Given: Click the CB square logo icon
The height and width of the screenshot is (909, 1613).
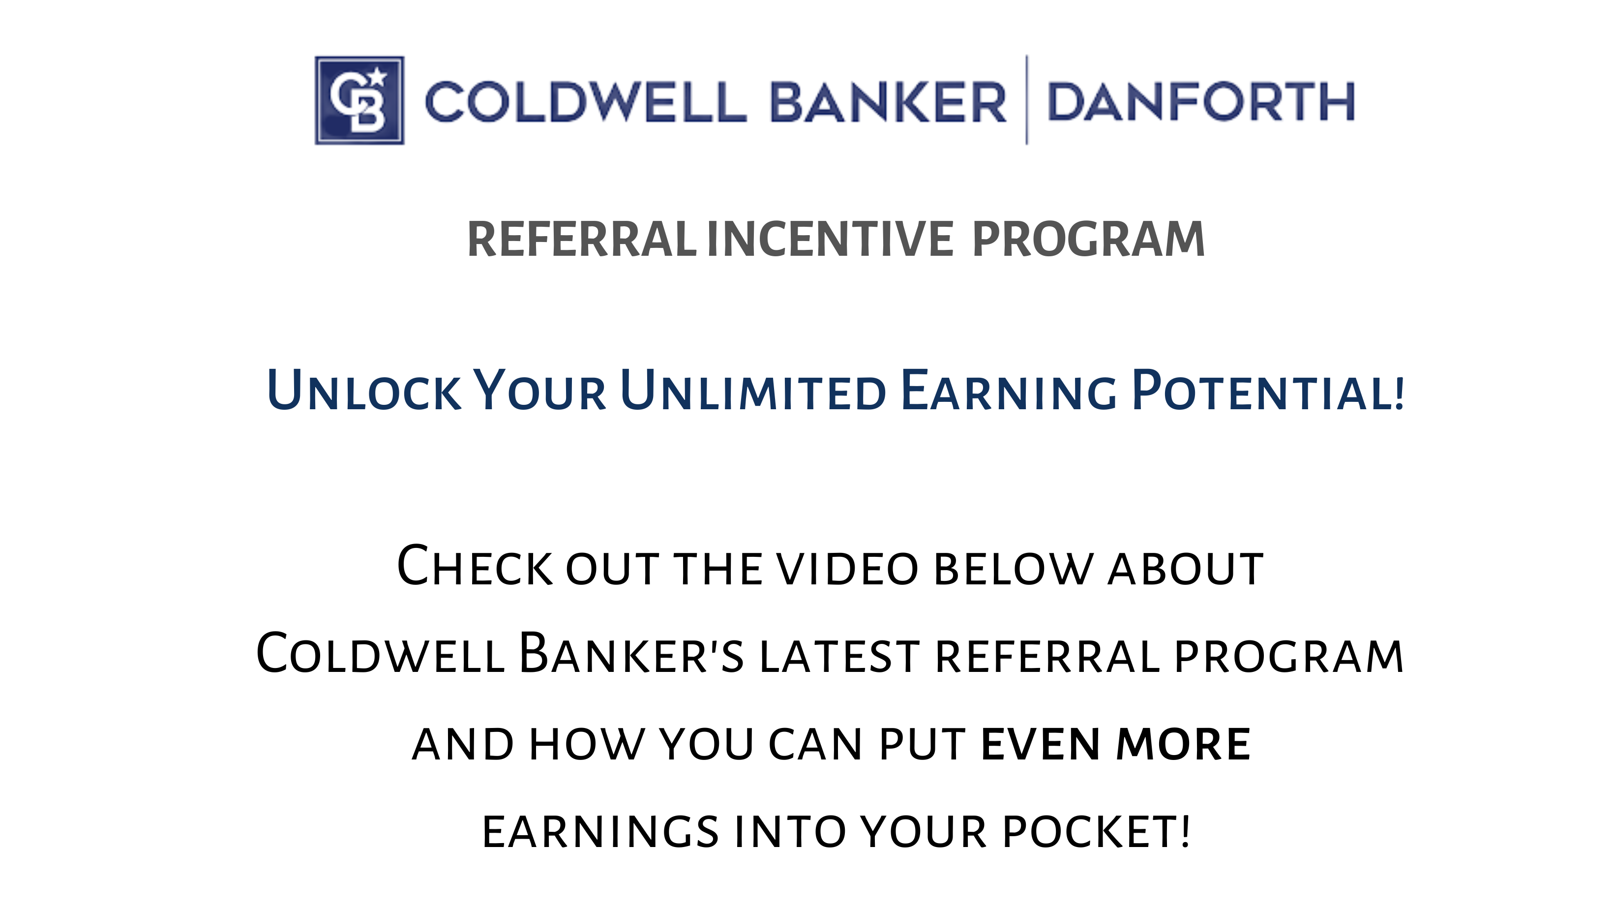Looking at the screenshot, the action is tap(359, 100).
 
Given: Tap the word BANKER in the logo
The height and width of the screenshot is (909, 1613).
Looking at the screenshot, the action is tap(888, 101).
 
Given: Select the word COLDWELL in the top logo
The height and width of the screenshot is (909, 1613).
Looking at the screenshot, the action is tap(586, 101).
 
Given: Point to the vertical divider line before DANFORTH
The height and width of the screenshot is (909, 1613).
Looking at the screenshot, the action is tap(1027, 100).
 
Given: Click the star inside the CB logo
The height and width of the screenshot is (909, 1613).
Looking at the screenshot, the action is tap(378, 77).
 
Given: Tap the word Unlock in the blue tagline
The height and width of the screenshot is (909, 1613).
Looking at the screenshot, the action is tap(364, 390).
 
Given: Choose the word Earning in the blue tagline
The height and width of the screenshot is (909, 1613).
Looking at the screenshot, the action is tap(1009, 390).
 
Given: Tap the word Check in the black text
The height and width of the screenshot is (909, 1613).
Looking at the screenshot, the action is tap(475, 566).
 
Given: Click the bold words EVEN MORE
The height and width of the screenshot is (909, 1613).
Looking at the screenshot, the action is tap(1116, 744).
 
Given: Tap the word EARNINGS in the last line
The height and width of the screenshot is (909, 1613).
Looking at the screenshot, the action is tap(600, 832).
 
